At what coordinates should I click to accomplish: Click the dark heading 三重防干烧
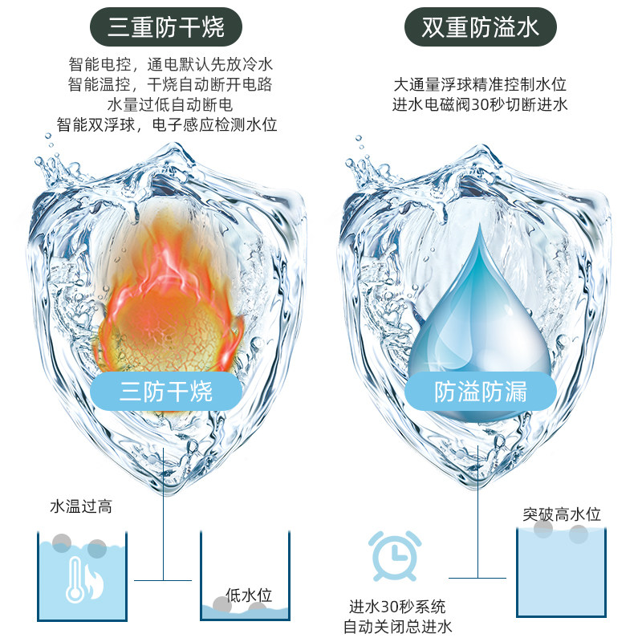(x=166, y=27)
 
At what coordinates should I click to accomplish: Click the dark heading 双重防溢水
(x=480, y=27)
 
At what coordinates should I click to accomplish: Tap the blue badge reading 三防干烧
(x=166, y=391)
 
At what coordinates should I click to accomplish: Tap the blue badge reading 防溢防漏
(x=480, y=391)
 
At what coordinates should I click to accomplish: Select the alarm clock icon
(x=395, y=555)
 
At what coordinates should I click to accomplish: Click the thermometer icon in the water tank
(x=75, y=580)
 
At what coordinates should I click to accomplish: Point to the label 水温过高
(x=81, y=506)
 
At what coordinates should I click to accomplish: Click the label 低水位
(x=249, y=595)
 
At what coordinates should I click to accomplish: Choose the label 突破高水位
(x=562, y=514)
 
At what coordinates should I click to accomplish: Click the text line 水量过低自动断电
(x=170, y=105)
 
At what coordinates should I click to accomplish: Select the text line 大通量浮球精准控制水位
(x=480, y=85)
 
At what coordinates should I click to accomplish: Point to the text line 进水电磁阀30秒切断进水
(x=480, y=105)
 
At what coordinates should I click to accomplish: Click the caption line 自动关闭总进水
(x=397, y=627)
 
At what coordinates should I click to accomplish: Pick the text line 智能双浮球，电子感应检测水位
(x=167, y=125)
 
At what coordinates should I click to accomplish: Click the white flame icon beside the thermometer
(x=93, y=582)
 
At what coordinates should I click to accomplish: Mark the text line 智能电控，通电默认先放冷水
(x=170, y=64)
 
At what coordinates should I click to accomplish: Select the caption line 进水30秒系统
(x=397, y=607)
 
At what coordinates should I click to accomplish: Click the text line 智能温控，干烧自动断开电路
(x=170, y=85)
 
